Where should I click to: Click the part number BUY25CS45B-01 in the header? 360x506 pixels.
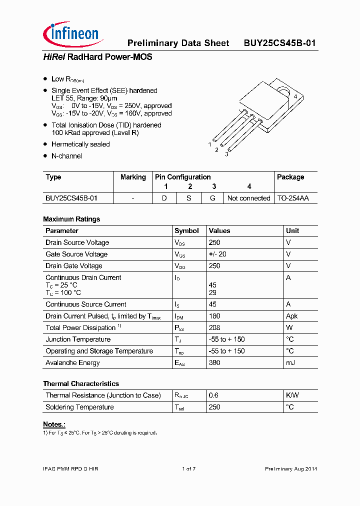[279, 43]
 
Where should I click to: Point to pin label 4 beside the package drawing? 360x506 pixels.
[295, 96]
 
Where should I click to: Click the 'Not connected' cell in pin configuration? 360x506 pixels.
[248, 198]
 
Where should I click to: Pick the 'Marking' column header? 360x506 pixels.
[133, 177]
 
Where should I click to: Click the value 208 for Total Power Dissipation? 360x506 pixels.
[214, 327]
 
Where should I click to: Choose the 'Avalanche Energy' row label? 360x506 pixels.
[72, 362]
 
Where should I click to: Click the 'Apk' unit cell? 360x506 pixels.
[291, 316]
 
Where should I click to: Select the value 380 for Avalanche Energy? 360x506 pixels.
[214, 362]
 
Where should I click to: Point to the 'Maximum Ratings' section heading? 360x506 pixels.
[71, 219]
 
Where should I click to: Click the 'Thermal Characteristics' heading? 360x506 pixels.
[81, 383]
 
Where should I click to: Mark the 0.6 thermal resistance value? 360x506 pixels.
[213, 395]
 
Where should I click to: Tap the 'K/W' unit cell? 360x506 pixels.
[292, 395]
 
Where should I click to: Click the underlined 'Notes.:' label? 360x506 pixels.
[54, 424]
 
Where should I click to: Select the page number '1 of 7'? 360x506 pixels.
[188, 468]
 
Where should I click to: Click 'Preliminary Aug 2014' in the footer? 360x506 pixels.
[290, 468]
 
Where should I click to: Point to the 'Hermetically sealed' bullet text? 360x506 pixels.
[80, 144]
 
